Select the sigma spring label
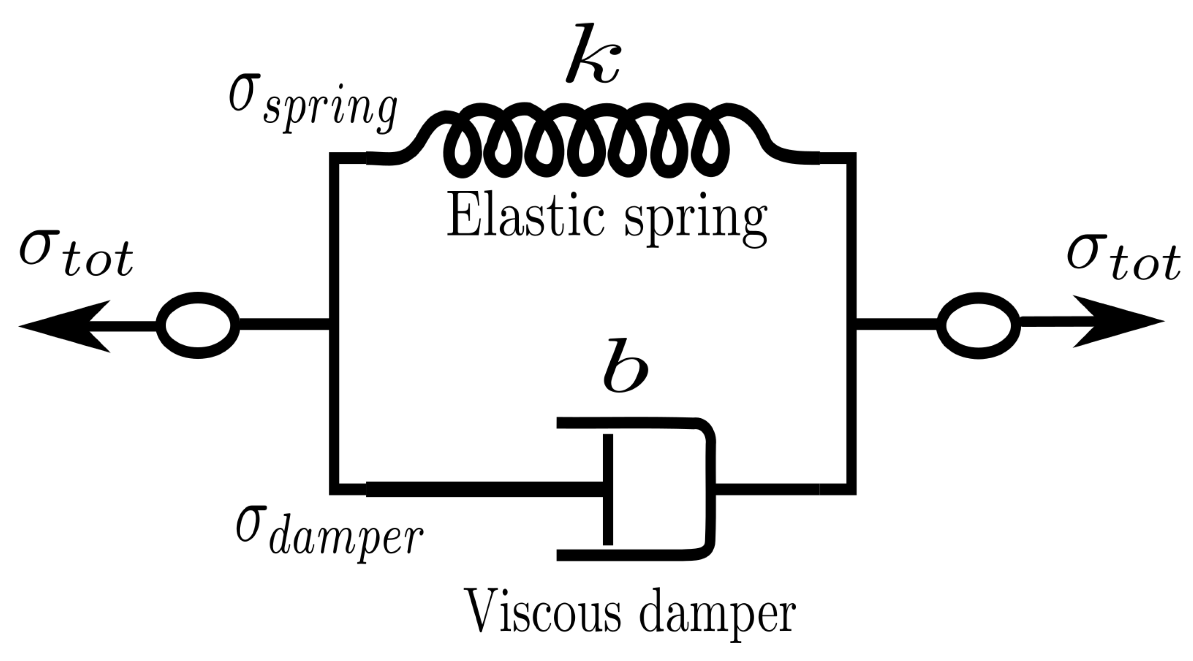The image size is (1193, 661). coord(313,104)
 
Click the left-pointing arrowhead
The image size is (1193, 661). coord(60,326)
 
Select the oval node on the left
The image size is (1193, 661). coord(198,325)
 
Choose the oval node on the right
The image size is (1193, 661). coord(978,325)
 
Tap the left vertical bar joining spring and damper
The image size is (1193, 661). coord(334,324)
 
